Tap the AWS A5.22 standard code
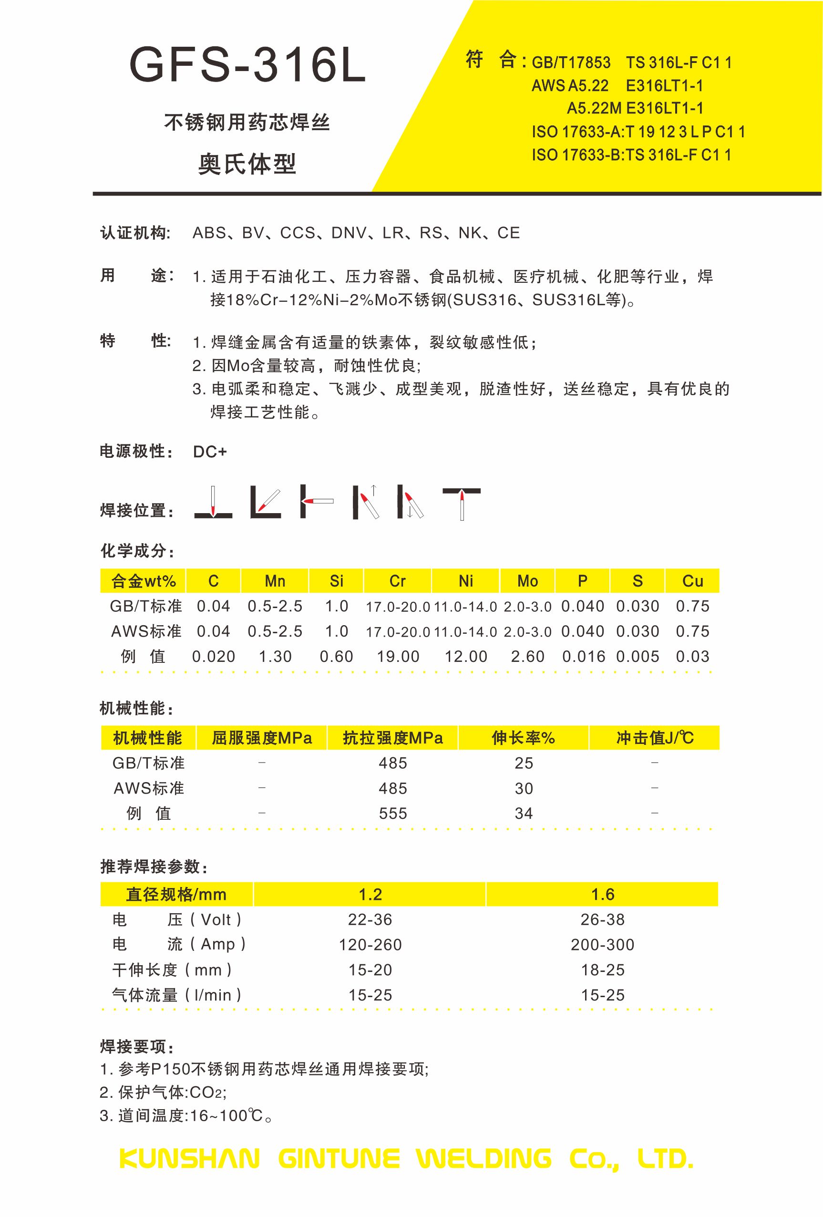point(570,85)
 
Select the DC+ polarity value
point(210,452)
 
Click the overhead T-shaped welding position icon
point(461,503)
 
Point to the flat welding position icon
point(213,502)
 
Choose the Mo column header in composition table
point(527,581)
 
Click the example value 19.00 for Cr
point(398,656)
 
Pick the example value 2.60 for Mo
point(527,656)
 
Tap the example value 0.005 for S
point(637,656)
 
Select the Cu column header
point(692,581)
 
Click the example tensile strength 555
point(392,813)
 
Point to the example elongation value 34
point(524,813)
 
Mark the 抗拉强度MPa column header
point(392,738)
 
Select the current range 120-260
point(370,945)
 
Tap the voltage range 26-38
point(603,919)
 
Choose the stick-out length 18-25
point(603,970)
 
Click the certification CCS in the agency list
point(298,233)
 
